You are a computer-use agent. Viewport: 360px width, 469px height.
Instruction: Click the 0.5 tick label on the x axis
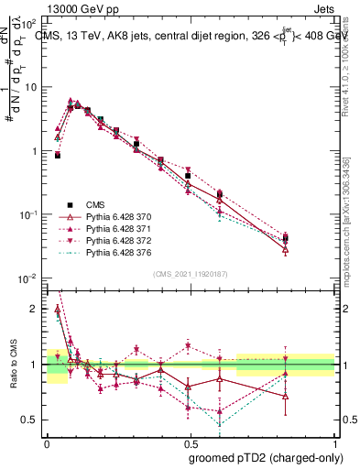pos(191,441)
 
